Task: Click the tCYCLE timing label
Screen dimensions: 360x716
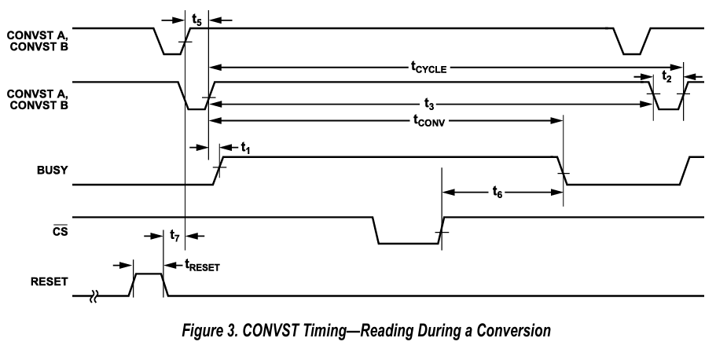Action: pos(429,68)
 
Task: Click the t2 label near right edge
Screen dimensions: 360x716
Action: pos(666,76)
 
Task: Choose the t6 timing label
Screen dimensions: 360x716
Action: pos(498,191)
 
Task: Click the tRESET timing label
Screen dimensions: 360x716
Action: pos(201,266)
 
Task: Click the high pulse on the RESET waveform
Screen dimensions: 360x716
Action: pos(148,274)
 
